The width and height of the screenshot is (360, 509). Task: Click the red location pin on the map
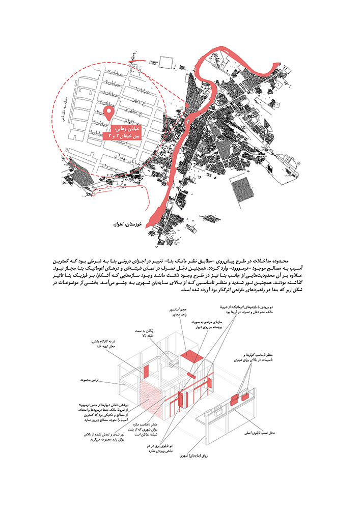click(108, 113)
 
